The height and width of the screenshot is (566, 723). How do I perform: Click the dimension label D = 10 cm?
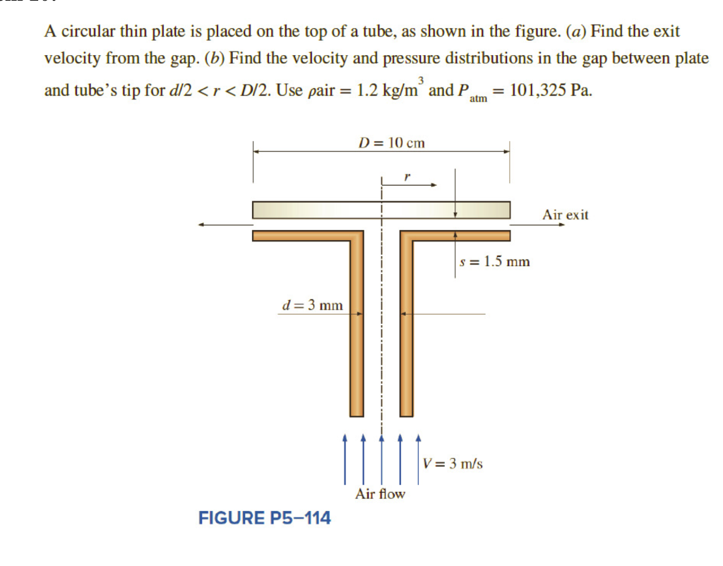tap(392, 143)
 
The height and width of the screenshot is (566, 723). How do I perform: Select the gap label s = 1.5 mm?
tap(494, 262)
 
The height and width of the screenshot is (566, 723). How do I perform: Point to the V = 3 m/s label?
tap(453, 463)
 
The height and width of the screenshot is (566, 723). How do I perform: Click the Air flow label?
tap(381, 494)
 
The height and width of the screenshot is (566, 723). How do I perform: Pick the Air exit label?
tap(565, 215)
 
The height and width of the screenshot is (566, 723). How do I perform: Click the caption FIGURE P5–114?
tap(265, 519)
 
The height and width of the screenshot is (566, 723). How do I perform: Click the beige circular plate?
tap(318, 210)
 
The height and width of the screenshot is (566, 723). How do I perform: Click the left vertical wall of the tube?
tap(357, 332)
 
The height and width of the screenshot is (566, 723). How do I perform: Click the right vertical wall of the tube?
tap(407, 332)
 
